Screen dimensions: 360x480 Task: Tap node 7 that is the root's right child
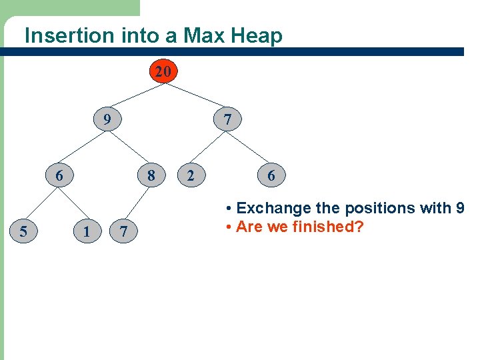[227, 120]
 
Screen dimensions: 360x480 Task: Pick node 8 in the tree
[151, 175]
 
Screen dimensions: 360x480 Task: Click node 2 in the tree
[191, 175]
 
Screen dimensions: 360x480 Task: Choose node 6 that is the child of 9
[59, 175]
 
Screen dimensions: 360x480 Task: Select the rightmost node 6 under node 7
[271, 175]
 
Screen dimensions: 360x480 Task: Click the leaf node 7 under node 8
[123, 231]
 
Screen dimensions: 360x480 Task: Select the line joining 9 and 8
[129, 148]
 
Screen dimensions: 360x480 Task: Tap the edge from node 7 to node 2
[209, 148]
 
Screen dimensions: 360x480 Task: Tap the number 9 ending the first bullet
[460, 208]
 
